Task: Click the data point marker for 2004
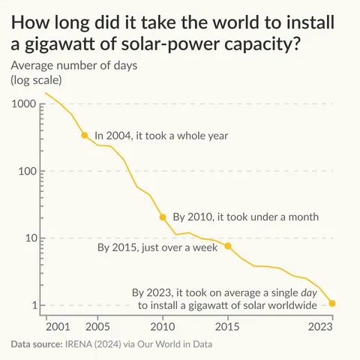pyautogui.click(x=84, y=135)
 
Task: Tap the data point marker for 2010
pyautogui.click(x=163, y=217)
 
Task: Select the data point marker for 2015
pyautogui.click(x=228, y=246)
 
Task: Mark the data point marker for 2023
pyautogui.click(x=332, y=304)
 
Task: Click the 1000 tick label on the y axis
pyautogui.click(x=25, y=103)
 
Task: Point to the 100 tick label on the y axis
pyautogui.click(x=28, y=171)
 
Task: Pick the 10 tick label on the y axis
pyautogui.click(x=31, y=238)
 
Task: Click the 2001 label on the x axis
pyautogui.click(x=58, y=327)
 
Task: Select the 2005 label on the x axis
pyautogui.click(x=97, y=327)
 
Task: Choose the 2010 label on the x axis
pyautogui.click(x=163, y=327)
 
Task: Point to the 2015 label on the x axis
pyautogui.click(x=228, y=327)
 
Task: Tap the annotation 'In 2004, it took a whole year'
pyautogui.click(x=161, y=136)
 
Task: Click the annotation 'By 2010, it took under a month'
pyautogui.click(x=246, y=217)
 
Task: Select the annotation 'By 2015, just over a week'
pyautogui.click(x=160, y=246)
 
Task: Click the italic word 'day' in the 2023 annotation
pyautogui.click(x=310, y=292)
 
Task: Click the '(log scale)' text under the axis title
pyautogui.click(x=37, y=79)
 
